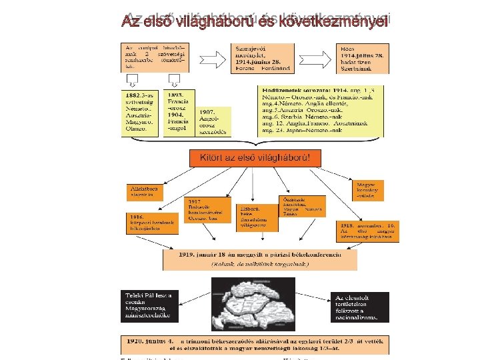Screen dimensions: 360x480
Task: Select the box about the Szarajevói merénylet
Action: point(263,59)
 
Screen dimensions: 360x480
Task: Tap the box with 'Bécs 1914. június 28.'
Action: point(360,59)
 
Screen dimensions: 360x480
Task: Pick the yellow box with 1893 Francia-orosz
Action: point(179,112)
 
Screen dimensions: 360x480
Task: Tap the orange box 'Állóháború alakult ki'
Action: point(144,193)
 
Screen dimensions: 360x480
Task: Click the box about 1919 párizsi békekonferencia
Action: point(259,259)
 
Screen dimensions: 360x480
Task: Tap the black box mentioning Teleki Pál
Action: point(148,306)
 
